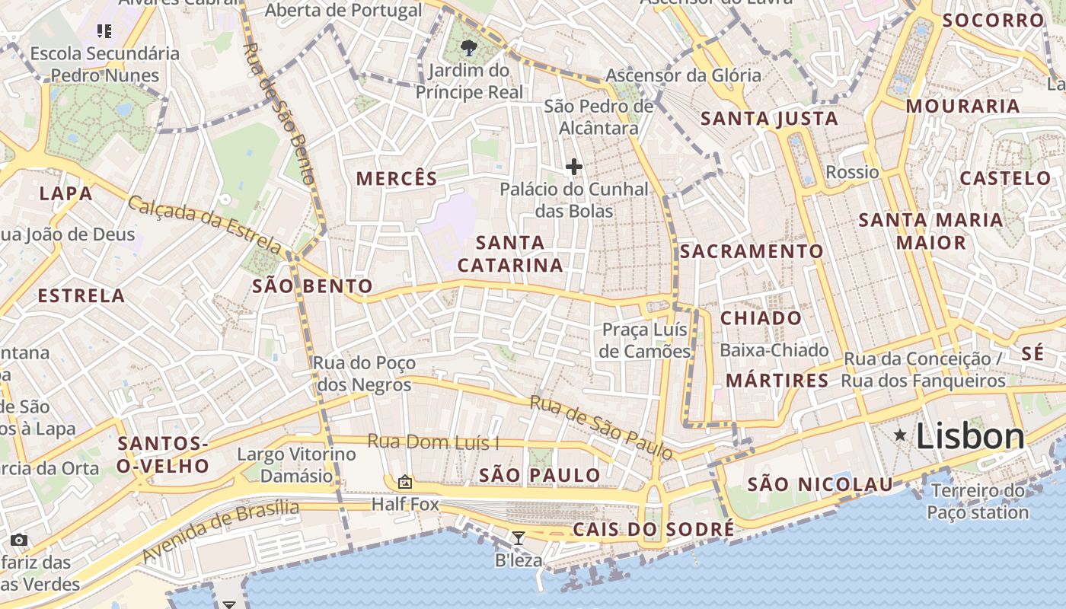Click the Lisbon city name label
pyautogui.click(x=970, y=436)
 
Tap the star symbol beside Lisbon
pyautogui.click(x=900, y=435)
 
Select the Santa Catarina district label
pyautogui.click(x=510, y=254)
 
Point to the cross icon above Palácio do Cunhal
pyautogui.click(x=574, y=167)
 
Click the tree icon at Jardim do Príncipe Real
pyautogui.click(x=469, y=49)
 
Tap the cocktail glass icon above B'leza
pyautogui.click(x=519, y=538)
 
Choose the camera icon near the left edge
pyautogui.click(x=19, y=540)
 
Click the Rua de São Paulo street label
pyautogui.click(x=602, y=428)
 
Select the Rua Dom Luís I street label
pyautogui.click(x=433, y=442)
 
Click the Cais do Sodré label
pyautogui.click(x=654, y=529)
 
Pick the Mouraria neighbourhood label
pyautogui.click(x=962, y=106)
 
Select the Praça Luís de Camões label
pyautogui.click(x=644, y=340)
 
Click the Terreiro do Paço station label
pyautogui.click(x=978, y=501)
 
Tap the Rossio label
pyautogui.click(x=852, y=172)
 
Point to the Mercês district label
pyautogui.click(x=397, y=179)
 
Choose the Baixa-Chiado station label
pyautogui.click(x=774, y=350)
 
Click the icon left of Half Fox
pyautogui.click(x=404, y=482)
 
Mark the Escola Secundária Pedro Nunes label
pyautogui.click(x=105, y=64)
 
